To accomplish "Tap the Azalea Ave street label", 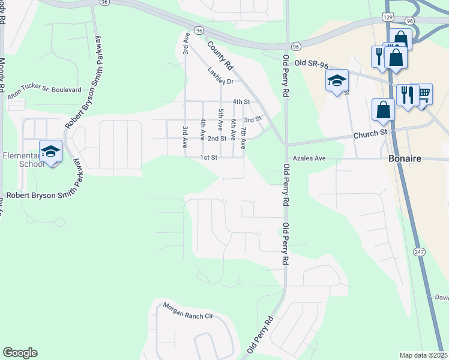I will (309, 158).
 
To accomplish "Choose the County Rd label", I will (220, 55).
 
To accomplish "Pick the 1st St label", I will (208, 157).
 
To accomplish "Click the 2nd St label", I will (217, 138).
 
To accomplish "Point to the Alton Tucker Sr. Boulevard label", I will (44, 89).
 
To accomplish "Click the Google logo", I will (20, 353).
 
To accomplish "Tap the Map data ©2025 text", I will (423, 355).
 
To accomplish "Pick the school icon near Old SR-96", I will (337, 80).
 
